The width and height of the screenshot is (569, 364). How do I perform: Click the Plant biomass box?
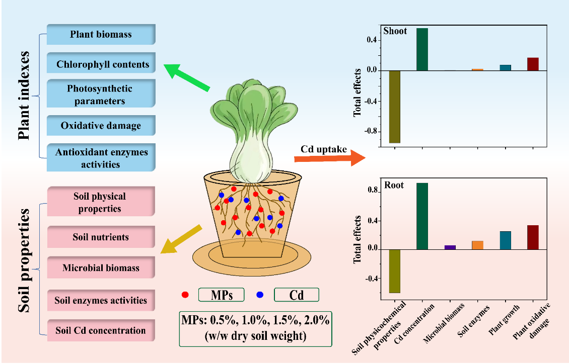click(101, 34)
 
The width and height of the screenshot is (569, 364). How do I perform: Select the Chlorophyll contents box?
click(101, 63)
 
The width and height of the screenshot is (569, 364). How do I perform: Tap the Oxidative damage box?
click(101, 125)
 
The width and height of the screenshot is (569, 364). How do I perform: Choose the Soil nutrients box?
click(101, 237)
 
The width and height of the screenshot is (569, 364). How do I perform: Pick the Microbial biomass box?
click(101, 267)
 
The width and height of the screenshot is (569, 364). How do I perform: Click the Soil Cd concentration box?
click(101, 330)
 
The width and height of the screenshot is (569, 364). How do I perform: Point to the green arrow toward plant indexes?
click(187, 77)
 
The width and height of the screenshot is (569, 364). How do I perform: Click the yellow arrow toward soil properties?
click(181, 239)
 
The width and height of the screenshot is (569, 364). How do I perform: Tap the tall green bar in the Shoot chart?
click(422, 49)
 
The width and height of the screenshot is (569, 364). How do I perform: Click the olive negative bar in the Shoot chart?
click(394, 107)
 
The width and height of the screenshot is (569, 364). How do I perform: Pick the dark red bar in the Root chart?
click(533, 237)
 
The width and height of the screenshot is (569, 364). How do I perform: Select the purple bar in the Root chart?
click(450, 247)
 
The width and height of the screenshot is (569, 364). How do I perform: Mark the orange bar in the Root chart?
click(477, 245)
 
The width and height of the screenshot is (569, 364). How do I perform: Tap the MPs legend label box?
click(222, 295)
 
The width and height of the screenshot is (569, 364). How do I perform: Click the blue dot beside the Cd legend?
click(260, 295)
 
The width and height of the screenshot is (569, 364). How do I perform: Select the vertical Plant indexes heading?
click(24, 96)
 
